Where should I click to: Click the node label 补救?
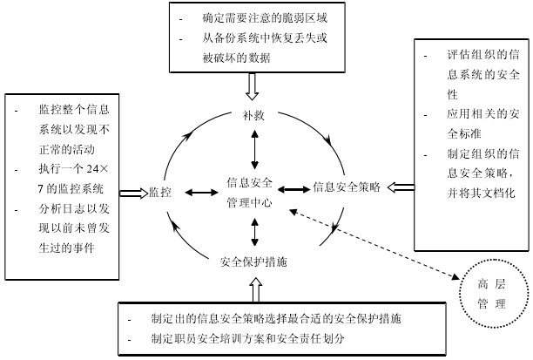click(x=253, y=116)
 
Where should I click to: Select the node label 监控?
click(x=159, y=192)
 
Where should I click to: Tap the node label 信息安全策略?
click(x=347, y=186)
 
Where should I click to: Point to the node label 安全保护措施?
click(x=253, y=262)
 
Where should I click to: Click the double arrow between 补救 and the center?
click(x=253, y=149)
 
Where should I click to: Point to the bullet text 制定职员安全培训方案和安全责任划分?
click(x=248, y=336)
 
